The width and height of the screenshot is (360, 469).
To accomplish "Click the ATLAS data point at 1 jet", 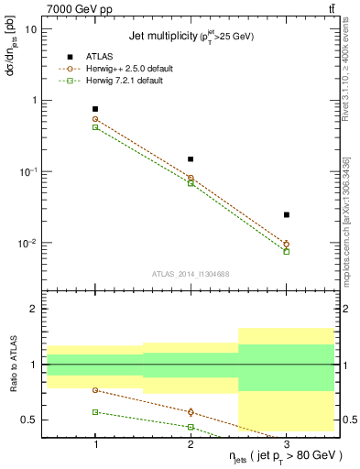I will click(95, 109).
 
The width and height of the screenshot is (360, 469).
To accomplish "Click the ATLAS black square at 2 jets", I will click(191, 159).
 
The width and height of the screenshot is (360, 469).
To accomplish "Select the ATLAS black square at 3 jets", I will click(286, 214).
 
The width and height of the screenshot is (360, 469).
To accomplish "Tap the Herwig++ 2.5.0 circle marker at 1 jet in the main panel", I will click(95, 119).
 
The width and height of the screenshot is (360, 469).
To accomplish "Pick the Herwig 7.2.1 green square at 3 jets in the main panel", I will click(286, 251).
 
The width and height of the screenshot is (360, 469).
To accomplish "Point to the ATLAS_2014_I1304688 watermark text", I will click(190, 273).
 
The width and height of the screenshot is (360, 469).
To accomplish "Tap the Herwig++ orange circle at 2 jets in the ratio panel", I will click(191, 412).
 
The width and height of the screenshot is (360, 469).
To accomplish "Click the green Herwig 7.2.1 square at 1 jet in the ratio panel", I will click(95, 412).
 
